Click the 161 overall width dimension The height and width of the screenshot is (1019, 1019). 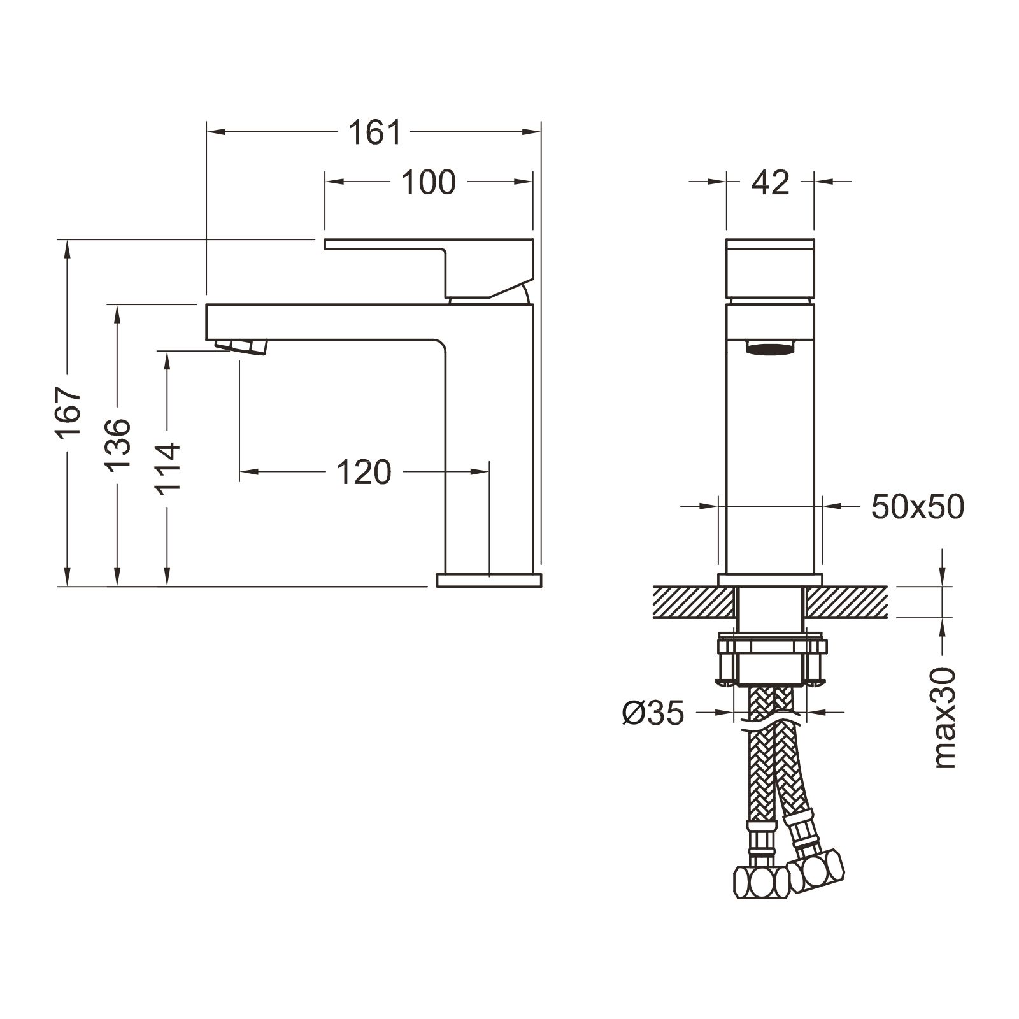coord(374,132)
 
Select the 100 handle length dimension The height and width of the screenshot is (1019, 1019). coord(428,182)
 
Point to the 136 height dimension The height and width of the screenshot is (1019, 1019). coord(118,445)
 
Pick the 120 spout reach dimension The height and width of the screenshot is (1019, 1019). coord(363,473)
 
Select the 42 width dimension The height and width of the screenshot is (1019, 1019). coord(770,183)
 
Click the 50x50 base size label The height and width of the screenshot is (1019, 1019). coord(916,507)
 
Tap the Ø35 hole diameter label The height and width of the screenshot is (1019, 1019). coord(653,713)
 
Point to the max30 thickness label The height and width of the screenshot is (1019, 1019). coord(946,718)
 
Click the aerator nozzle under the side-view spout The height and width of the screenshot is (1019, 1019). coord(242,346)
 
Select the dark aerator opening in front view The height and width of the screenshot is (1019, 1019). coord(770,348)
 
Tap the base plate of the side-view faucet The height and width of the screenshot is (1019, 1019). coord(488,580)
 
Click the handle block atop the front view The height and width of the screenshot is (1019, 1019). coord(770,267)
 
